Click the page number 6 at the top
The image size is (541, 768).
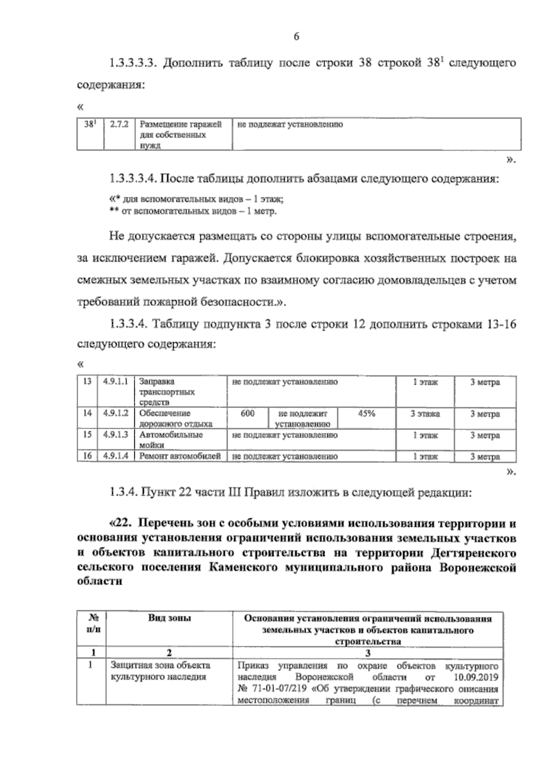297,37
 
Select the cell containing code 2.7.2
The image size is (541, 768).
119,125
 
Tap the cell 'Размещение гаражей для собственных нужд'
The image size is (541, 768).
180,134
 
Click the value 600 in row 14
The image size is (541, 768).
248,413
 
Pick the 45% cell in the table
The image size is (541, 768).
367,413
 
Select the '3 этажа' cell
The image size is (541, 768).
425,414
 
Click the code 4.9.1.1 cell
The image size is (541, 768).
116,382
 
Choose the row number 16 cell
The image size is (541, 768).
88,456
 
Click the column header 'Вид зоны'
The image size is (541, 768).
170,618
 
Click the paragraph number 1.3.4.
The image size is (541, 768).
122,492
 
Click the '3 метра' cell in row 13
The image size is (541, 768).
485,382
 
